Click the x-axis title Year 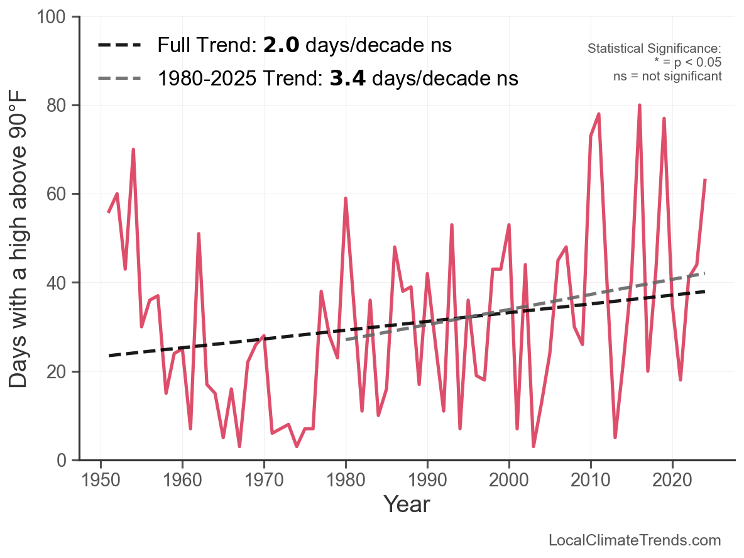pos(407,503)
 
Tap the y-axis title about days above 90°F pos(19,239)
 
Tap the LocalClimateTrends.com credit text pos(635,540)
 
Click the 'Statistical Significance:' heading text pos(654,48)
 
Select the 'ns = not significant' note pos(667,76)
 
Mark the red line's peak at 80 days pos(640,106)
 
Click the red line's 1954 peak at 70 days pos(133,150)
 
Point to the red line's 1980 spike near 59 pos(346,199)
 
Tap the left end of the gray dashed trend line pos(346,340)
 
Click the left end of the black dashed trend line pos(109,356)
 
